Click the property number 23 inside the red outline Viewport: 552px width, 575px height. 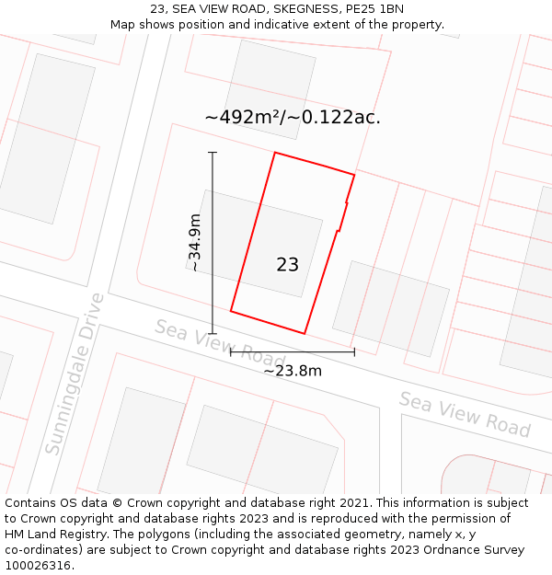[x=287, y=265]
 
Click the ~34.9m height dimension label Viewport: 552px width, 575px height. [x=194, y=242]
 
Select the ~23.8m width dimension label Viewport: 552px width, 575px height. [x=293, y=371]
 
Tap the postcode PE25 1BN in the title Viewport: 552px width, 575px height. [x=374, y=9]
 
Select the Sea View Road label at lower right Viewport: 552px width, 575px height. [x=465, y=414]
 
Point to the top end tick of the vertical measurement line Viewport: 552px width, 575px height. [x=213, y=152]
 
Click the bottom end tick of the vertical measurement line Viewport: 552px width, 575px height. [x=213, y=333]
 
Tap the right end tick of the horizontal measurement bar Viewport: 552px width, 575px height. [x=354, y=351]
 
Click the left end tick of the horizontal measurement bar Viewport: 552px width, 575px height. [x=230, y=351]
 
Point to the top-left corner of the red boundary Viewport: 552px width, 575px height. [x=275, y=153]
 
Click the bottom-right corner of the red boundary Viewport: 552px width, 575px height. [x=305, y=333]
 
